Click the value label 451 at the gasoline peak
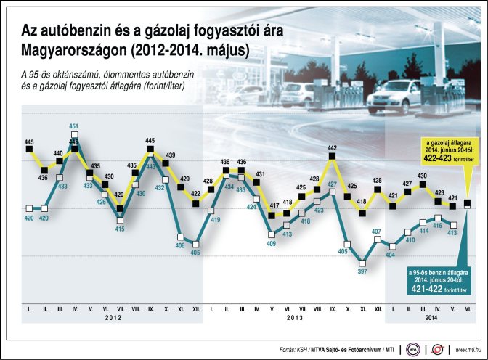point(74,126)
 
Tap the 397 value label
point(362,271)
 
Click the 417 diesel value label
point(273,205)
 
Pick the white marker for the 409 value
point(272,233)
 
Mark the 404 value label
point(390,255)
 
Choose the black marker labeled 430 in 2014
point(422,184)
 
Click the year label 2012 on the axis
point(113,318)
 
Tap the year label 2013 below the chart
point(294,318)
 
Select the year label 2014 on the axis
point(431,318)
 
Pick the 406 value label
point(180,245)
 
